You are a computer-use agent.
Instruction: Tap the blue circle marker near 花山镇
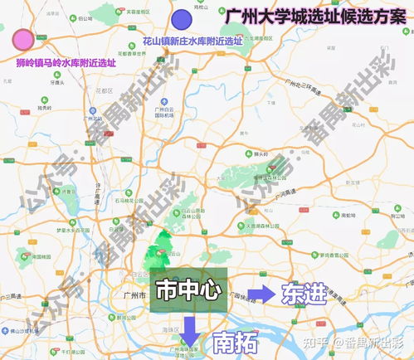pyautogui.click(x=180, y=18)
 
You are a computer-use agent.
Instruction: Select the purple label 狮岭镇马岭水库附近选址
pyautogui.click(x=66, y=62)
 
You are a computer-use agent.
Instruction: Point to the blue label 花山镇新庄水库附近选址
pyautogui.click(x=193, y=40)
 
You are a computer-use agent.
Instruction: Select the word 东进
pyautogui.click(x=304, y=295)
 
